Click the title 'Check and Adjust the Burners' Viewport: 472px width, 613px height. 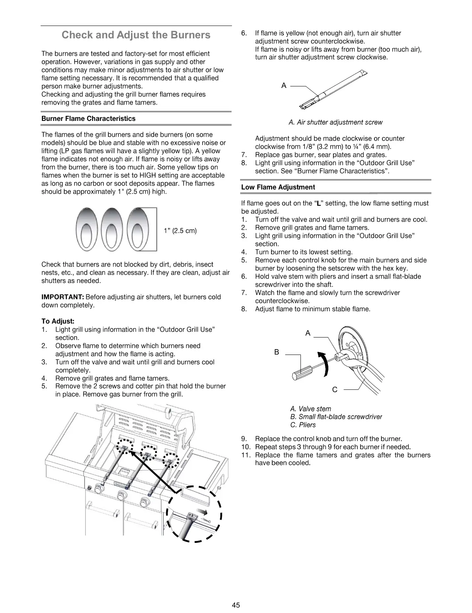click(x=136, y=35)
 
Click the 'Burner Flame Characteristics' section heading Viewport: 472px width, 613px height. click(x=88, y=119)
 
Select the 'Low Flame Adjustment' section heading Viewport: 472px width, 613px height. click(x=278, y=187)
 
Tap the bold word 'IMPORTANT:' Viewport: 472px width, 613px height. click(x=62, y=297)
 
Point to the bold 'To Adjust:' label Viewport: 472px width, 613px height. click(x=58, y=321)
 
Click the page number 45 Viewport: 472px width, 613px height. click(x=236, y=605)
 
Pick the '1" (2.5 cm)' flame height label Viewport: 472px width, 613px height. click(x=180, y=231)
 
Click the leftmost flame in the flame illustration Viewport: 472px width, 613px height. click(x=86, y=229)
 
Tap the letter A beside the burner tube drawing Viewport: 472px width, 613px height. click(x=284, y=86)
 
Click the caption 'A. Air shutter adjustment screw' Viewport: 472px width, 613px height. click(x=335, y=122)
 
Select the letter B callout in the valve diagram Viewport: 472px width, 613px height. click(x=276, y=352)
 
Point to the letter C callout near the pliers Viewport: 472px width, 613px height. click(x=335, y=389)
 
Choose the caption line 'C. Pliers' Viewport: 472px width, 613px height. click(x=303, y=425)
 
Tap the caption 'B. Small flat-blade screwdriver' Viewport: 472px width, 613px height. click(x=336, y=417)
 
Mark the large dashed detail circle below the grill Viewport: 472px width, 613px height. click(x=194, y=513)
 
